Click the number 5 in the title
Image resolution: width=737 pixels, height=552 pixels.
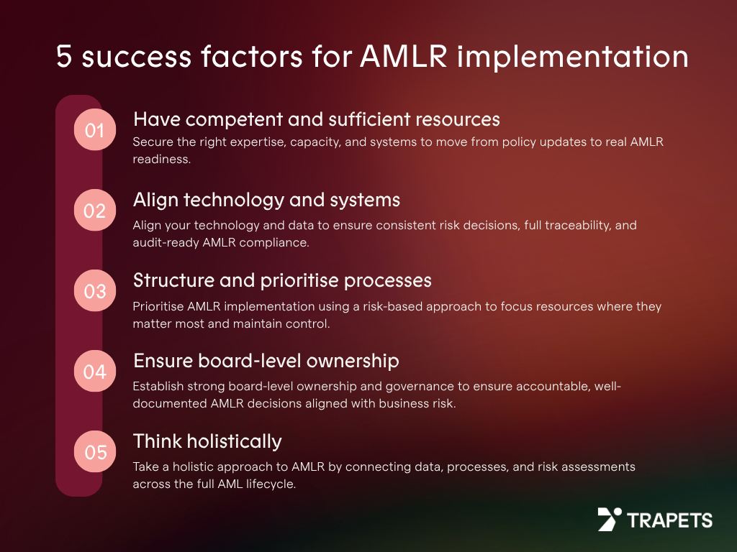pyautogui.click(x=64, y=57)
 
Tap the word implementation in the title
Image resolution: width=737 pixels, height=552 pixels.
pyautogui.click(x=572, y=57)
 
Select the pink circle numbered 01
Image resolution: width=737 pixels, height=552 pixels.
pyautogui.click(x=95, y=130)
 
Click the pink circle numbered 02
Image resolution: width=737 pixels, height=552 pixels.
pyautogui.click(x=95, y=211)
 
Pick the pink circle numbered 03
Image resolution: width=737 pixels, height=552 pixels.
pyautogui.click(x=95, y=291)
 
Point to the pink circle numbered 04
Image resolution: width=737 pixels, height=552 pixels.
pyautogui.click(x=95, y=372)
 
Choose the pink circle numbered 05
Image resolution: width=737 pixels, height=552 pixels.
pyautogui.click(x=95, y=451)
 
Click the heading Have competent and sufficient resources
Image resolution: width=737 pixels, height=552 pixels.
pyautogui.click(x=317, y=119)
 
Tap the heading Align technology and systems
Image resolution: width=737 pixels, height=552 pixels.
pyautogui.click(x=266, y=201)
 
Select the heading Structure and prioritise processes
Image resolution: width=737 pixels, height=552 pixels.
pyautogui.click(x=282, y=281)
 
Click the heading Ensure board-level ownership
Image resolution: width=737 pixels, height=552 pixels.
pyautogui.click(x=266, y=361)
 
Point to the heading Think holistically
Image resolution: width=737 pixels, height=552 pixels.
pyautogui.click(x=207, y=442)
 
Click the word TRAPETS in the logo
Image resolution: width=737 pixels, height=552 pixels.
pyautogui.click(x=670, y=520)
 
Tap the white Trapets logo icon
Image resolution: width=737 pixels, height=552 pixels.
pyautogui.click(x=609, y=519)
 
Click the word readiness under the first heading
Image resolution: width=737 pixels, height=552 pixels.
pyautogui.click(x=162, y=159)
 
